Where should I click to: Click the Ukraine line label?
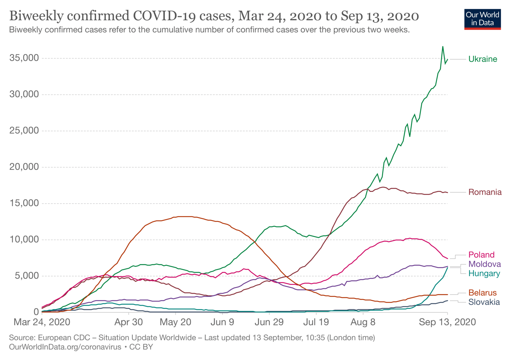[x=483, y=59]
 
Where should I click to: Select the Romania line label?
[x=485, y=192]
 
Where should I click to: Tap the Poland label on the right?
[x=481, y=255]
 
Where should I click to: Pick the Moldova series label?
[x=484, y=264]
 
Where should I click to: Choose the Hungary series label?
[x=484, y=274]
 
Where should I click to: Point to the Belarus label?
[x=482, y=293]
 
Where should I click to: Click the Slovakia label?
[x=484, y=302]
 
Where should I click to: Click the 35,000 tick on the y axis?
[x=24, y=58]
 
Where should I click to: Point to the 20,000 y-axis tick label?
[x=24, y=167]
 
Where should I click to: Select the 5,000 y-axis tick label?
[x=27, y=276]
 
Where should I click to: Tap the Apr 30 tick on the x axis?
[x=128, y=322]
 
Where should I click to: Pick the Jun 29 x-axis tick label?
[x=269, y=322]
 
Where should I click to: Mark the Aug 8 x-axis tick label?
[x=363, y=322]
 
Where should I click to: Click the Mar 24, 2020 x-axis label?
[x=42, y=322]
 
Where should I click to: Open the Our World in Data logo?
[x=482, y=19]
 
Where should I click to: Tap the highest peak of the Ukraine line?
[x=443, y=47]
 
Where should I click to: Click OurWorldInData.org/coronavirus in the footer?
[x=65, y=347]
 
